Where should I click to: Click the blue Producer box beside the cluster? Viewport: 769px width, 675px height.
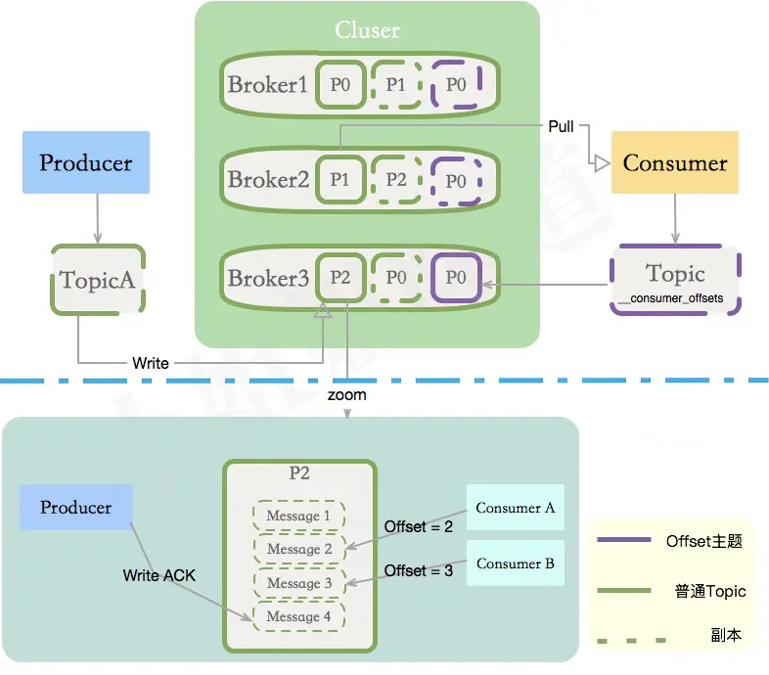point(86,162)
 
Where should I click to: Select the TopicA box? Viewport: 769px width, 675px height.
point(97,280)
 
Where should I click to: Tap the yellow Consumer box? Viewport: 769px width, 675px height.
point(674,162)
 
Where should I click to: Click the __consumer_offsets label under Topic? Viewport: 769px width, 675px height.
point(675,296)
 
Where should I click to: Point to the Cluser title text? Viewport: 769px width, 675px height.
point(367,30)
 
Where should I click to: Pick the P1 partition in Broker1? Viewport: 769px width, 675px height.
point(395,85)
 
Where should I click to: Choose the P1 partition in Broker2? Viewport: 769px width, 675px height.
point(339,180)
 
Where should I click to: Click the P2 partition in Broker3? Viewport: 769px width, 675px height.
point(339,277)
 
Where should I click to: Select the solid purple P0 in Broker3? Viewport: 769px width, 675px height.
point(456,277)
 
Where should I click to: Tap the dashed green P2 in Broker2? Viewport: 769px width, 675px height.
point(395,180)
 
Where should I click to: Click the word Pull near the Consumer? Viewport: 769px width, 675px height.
point(561,126)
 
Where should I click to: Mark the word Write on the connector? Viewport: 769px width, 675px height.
point(151,363)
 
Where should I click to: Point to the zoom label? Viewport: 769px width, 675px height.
point(347,395)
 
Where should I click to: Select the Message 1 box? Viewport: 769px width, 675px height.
point(299,516)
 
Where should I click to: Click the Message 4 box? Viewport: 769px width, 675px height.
point(299,616)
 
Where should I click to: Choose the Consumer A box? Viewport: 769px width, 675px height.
point(515,508)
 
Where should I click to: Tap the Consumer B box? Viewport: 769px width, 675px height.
point(515,563)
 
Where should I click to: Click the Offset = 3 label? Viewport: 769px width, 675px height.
point(419,570)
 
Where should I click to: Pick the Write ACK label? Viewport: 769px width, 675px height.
point(159,575)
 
